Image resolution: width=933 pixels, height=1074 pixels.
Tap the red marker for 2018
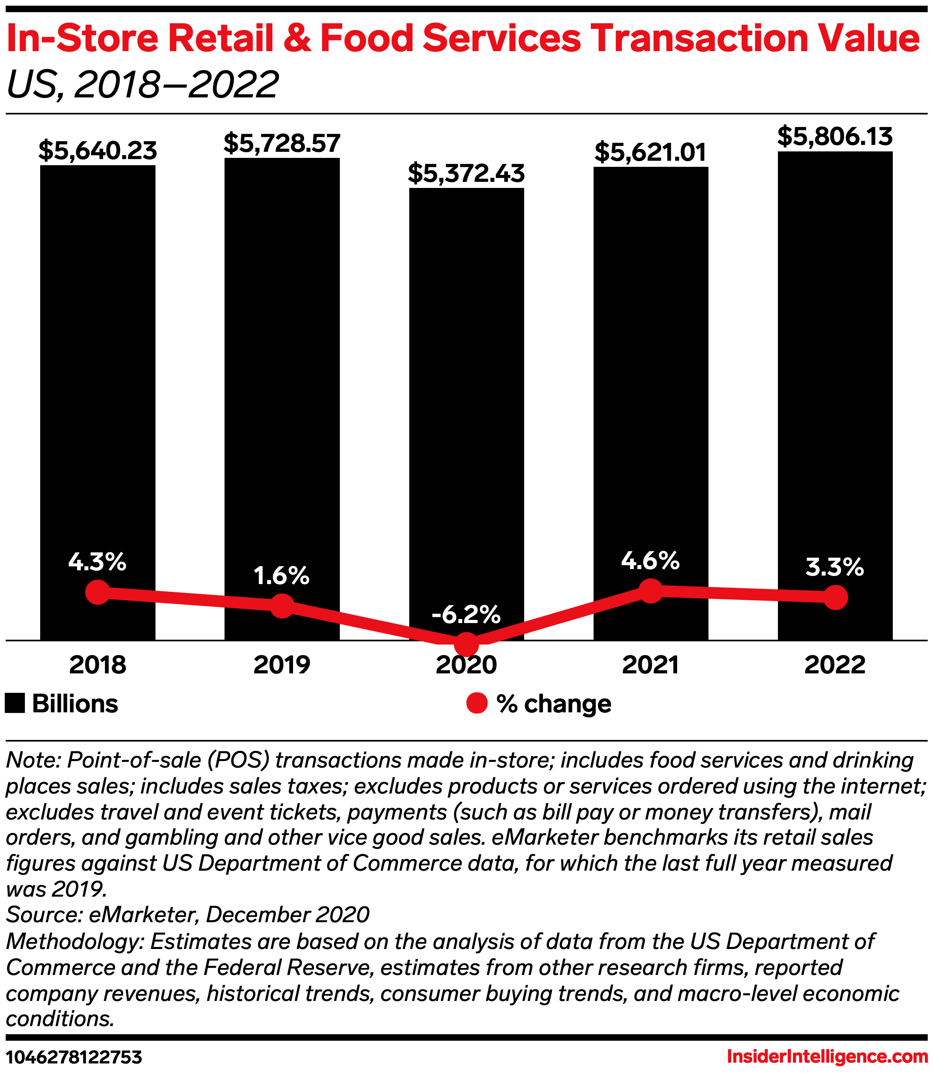[x=97, y=592]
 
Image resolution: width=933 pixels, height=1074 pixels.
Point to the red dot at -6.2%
[x=466, y=645]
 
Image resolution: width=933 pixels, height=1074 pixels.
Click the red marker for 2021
[x=650, y=590]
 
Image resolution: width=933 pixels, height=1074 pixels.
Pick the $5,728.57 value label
[x=282, y=143]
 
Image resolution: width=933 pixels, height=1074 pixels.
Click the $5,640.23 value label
[x=97, y=151]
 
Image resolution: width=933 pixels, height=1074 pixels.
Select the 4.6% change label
[x=650, y=560]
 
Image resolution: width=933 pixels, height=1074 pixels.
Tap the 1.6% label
[x=282, y=575]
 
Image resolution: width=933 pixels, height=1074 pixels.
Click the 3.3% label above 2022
[x=835, y=567]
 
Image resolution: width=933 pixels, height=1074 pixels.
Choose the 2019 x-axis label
[x=282, y=665]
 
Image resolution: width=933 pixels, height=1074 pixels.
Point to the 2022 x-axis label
[x=835, y=665]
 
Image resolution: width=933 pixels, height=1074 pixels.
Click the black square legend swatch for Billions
[x=15, y=703]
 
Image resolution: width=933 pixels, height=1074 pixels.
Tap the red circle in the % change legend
[x=476, y=703]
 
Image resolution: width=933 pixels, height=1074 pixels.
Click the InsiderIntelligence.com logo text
[x=827, y=1057]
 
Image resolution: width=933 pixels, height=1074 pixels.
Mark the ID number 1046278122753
[x=73, y=1057]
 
